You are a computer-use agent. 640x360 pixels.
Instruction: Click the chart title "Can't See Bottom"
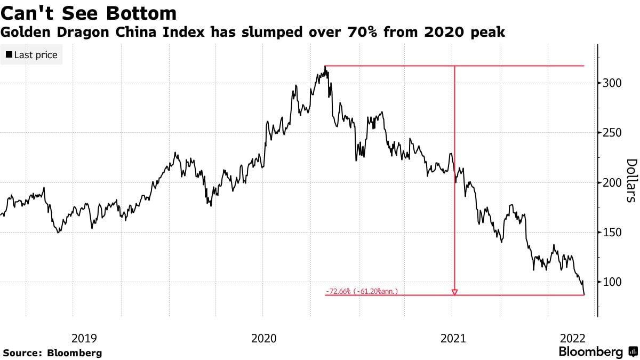click(x=89, y=13)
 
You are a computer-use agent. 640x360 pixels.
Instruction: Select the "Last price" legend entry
click(x=31, y=55)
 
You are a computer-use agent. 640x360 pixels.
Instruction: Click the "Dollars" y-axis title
click(x=631, y=181)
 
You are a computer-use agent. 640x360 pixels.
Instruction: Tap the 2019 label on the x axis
click(x=84, y=338)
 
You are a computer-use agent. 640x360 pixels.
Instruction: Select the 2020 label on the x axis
click(x=264, y=338)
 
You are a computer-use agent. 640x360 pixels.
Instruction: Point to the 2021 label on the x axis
click(x=453, y=338)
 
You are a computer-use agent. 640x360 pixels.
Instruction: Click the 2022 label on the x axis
click(x=573, y=338)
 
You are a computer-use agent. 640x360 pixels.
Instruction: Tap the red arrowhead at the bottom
click(x=454, y=292)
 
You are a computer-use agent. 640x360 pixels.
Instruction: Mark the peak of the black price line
click(x=325, y=67)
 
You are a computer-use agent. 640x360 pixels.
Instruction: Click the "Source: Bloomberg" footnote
click(x=52, y=353)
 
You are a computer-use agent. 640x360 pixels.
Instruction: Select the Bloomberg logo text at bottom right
click(x=590, y=352)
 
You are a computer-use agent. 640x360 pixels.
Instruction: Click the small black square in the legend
click(x=9, y=55)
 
